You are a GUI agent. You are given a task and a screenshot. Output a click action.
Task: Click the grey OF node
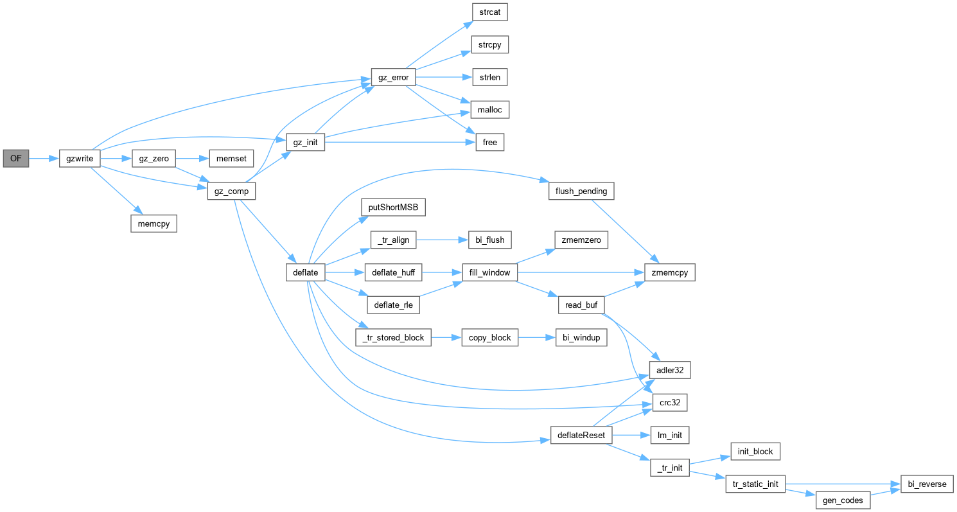(16, 158)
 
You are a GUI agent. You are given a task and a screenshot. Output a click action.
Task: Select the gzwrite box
(80, 158)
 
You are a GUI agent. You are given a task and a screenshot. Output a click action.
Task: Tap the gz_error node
(394, 78)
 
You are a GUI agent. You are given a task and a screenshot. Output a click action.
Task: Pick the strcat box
(490, 12)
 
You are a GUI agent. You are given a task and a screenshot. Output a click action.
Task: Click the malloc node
(490, 110)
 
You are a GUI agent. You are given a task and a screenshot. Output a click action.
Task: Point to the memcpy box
(153, 224)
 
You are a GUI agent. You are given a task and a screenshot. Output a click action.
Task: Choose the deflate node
(305, 272)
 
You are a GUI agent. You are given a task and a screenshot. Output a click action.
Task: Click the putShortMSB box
(393, 207)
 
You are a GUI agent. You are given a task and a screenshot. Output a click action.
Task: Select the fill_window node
(490, 272)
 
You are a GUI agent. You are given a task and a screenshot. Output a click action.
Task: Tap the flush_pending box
(581, 191)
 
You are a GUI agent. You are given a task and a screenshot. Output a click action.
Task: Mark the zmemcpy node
(670, 272)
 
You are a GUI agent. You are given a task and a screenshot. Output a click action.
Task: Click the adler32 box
(670, 370)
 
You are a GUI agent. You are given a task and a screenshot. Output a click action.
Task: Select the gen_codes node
(843, 500)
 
